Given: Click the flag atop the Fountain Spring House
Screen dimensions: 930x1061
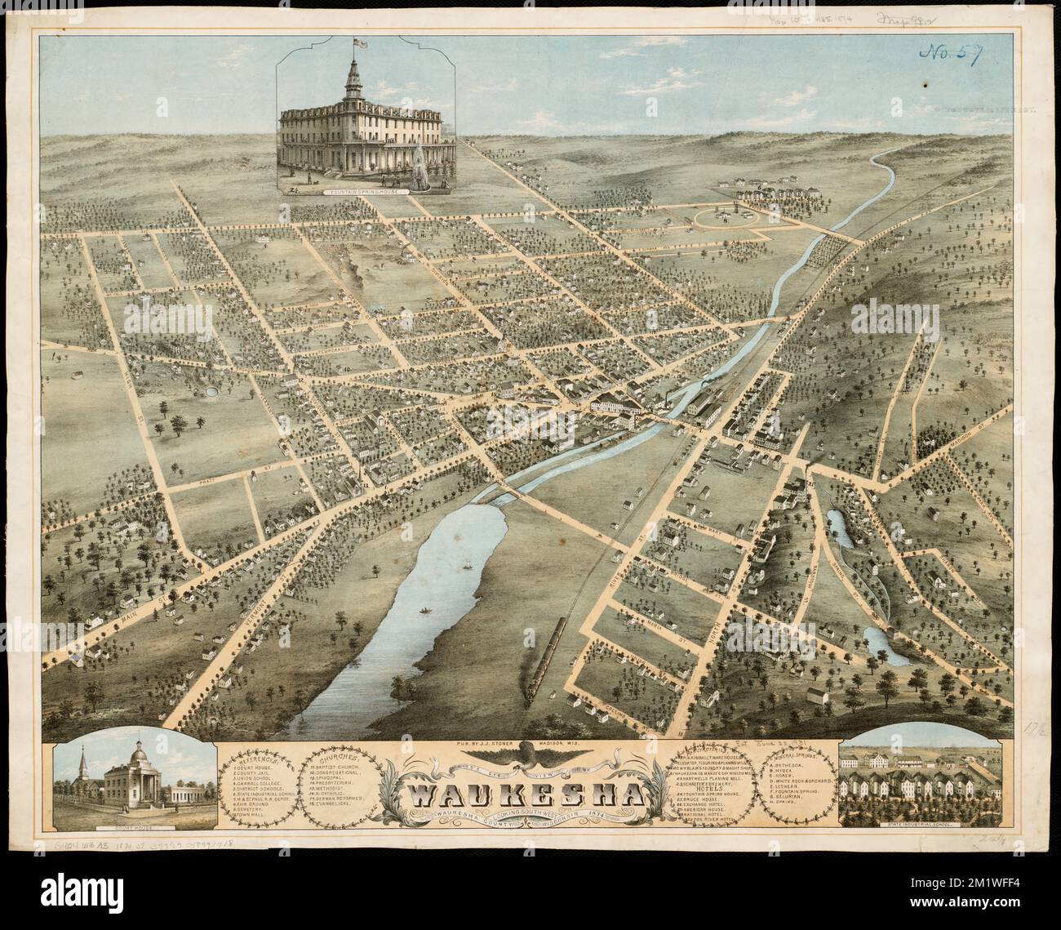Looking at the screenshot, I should [356, 41].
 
